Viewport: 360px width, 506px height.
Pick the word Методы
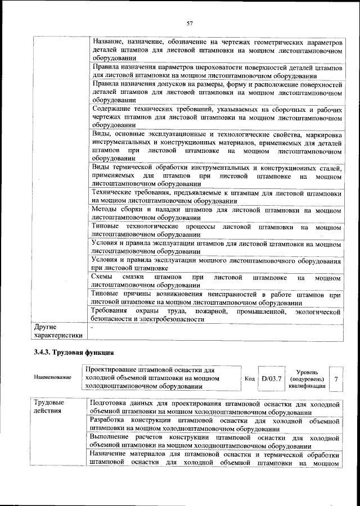point(105,210)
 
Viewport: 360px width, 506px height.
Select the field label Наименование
point(53,377)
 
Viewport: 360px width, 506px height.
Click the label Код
point(250,378)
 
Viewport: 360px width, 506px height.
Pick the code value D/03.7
point(271,378)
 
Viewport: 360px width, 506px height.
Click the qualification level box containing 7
point(335,378)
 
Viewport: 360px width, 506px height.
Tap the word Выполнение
point(112,437)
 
